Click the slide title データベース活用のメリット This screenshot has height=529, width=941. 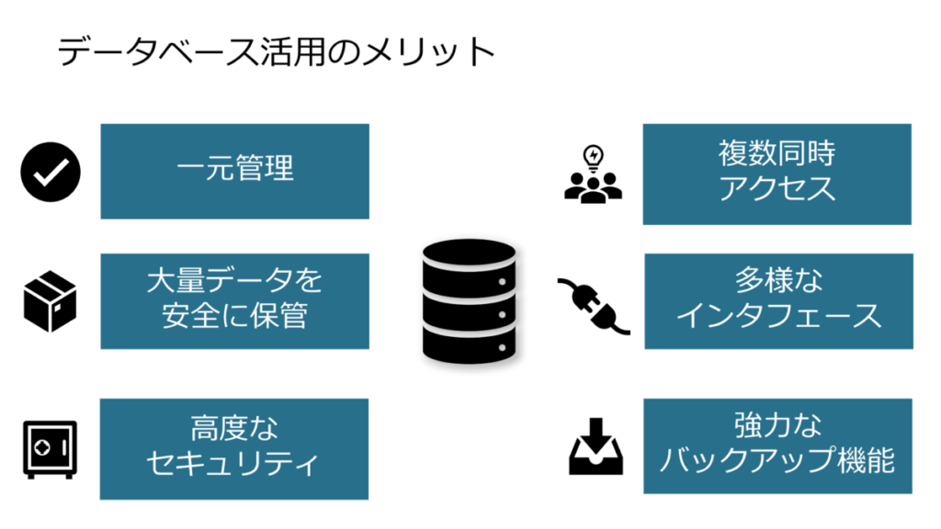[277, 52]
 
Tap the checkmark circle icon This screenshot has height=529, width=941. [51, 172]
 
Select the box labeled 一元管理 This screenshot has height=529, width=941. [234, 171]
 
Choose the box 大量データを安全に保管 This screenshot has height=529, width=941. [234, 300]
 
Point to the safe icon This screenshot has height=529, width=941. [51, 449]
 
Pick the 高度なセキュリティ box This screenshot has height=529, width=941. [234, 448]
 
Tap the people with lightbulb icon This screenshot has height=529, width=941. [593, 174]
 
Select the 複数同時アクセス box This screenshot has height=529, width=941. [777, 174]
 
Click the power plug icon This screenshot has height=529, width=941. [594, 304]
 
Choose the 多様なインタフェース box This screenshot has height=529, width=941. [777, 300]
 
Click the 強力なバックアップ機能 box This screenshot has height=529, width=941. [777, 445]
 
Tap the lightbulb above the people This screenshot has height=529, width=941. [594, 154]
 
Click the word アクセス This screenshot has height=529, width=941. [777, 189]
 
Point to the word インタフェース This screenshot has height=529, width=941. [778, 316]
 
